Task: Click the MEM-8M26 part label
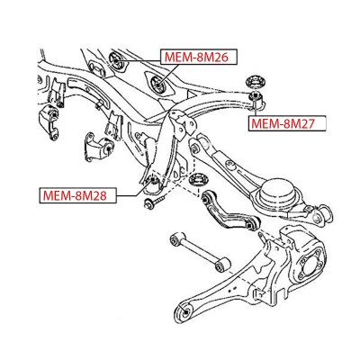click(199, 57)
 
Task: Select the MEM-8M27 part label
click(287, 123)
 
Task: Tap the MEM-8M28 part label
click(77, 195)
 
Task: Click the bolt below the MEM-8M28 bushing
click(155, 202)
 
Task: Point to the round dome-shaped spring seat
click(276, 192)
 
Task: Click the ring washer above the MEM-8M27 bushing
click(256, 82)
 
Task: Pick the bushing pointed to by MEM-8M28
click(154, 181)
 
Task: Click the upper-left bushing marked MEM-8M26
click(115, 59)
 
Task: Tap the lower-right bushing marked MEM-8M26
click(158, 84)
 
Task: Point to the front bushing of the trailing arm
click(186, 311)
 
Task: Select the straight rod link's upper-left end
click(175, 238)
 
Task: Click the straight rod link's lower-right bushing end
click(223, 265)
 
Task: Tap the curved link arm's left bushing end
click(206, 199)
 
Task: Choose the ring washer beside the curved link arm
click(198, 181)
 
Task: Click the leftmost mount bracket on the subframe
click(50, 122)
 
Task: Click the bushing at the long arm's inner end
click(195, 148)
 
